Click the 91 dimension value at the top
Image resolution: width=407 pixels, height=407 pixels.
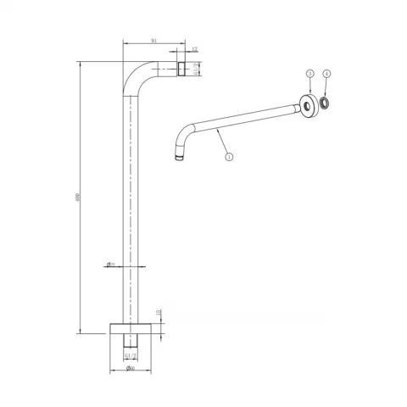coord(152,39)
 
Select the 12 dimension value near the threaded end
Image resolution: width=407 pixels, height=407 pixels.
coord(194,50)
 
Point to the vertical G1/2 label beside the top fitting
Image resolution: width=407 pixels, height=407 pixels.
coord(197,69)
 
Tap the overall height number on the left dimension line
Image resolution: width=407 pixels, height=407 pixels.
coord(77,198)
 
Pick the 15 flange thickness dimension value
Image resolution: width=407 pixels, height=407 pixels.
coord(158,312)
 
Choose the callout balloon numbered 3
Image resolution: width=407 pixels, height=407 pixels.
coord(310,75)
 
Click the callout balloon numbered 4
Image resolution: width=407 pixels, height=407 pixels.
coord(327,75)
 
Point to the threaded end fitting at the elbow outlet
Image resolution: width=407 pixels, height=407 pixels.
coord(181,68)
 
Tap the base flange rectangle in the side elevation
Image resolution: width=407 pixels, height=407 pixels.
coord(130,327)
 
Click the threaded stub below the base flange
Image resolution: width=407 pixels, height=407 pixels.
coord(130,341)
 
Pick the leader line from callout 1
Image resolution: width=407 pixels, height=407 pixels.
coord(222,142)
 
